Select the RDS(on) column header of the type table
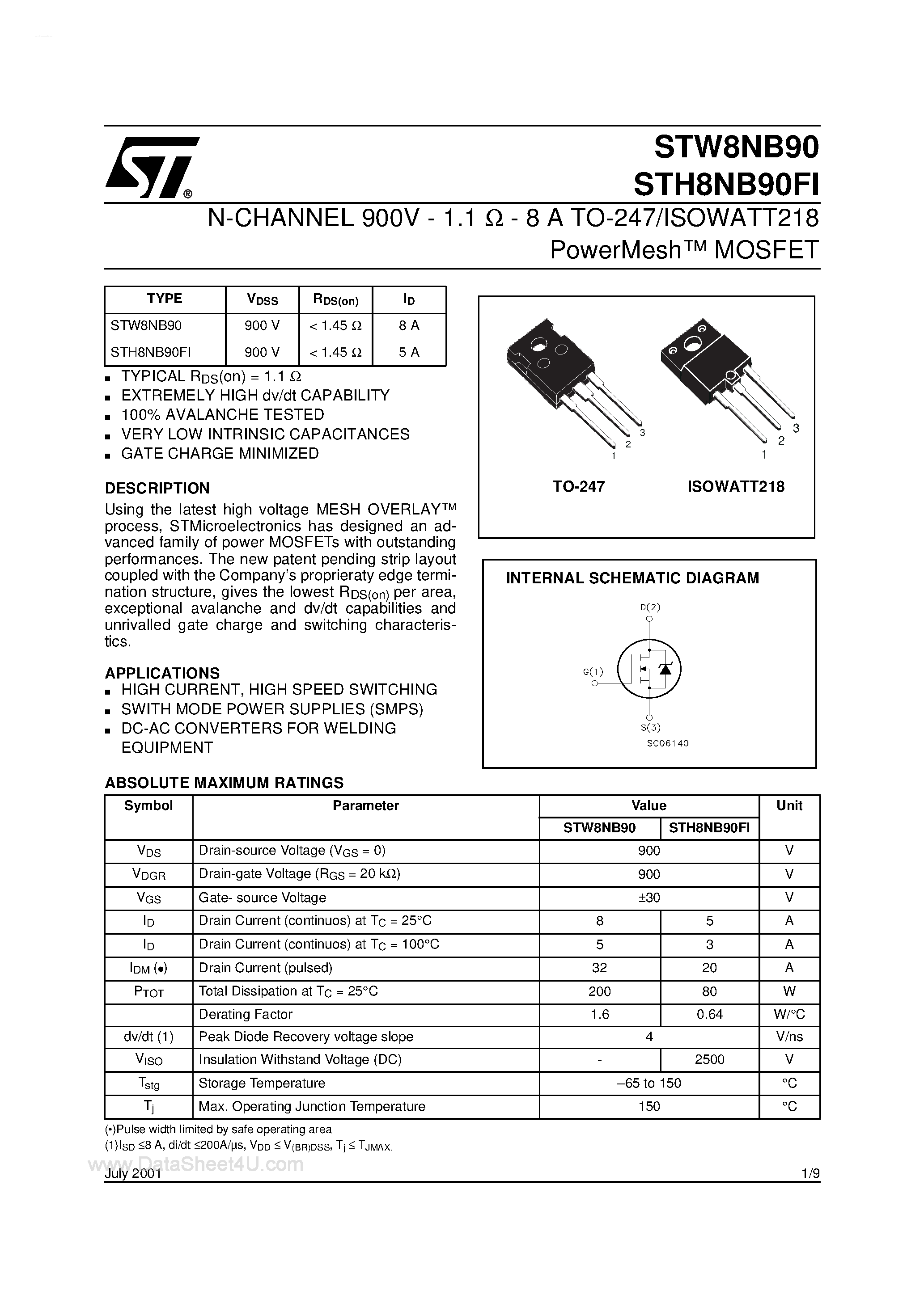click(x=335, y=300)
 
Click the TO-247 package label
click(x=578, y=487)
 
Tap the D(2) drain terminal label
click(x=649, y=607)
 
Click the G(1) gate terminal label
click(x=593, y=672)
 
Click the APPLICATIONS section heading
click(x=162, y=673)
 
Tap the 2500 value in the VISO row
click(x=709, y=1059)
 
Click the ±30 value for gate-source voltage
click(x=649, y=898)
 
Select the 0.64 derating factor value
click(x=709, y=1014)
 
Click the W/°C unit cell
click(x=789, y=1014)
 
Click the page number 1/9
click(x=810, y=1173)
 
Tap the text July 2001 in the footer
click(x=133, y=1174)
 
